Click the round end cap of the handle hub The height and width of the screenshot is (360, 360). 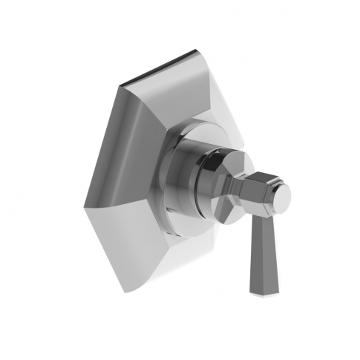(281, 195)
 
